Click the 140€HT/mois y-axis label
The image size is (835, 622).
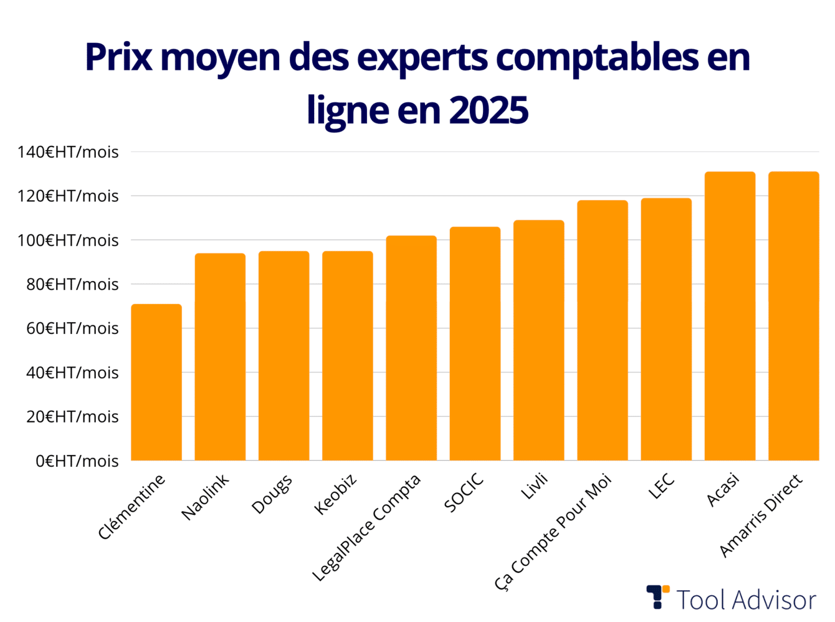pos(68,152)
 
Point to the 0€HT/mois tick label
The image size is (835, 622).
pos(77,461)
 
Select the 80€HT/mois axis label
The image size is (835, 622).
pos(72,285)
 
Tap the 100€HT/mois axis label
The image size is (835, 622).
pos(68,241)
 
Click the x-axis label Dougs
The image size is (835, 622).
pos(272,494)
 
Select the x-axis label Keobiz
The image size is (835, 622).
pos(335,494)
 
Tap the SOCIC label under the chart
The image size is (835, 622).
pos(464,493)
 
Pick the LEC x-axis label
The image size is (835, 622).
pos(661,487)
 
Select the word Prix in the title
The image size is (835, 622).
pos(118,57)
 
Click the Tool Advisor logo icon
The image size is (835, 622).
pos(657,596)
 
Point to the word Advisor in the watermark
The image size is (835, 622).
pos(773,600)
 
